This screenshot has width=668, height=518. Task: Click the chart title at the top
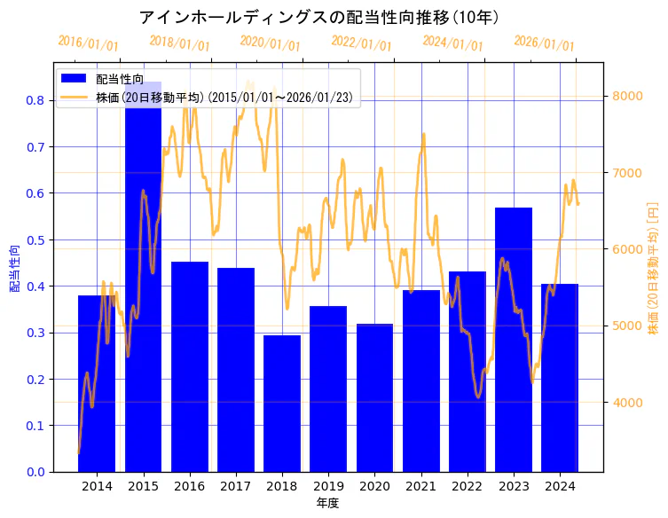pos(319,18)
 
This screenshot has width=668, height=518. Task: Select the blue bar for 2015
pos(143,284)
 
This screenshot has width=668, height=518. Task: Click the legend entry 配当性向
pos(120,80)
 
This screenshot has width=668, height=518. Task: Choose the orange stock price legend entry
pos(227,98)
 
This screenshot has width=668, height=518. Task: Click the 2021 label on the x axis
pos(420,486)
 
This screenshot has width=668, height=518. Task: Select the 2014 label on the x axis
pos(97,486)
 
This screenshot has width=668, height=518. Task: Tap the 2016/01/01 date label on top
pos(88,43)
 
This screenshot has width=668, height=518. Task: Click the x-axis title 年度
pos(327,503)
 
